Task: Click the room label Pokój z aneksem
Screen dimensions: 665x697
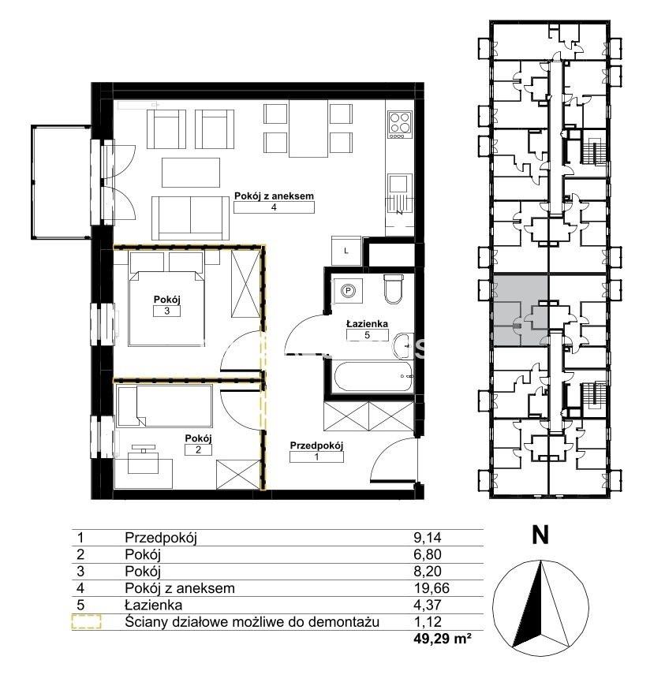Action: point(274,196)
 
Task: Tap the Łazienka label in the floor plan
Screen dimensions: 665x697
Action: point(367,324)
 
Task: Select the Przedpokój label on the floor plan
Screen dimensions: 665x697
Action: point(316,445)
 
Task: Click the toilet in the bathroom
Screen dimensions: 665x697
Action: point(393,289)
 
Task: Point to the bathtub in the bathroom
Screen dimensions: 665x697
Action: point(372,377)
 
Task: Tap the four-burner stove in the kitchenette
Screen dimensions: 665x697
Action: point(399,124)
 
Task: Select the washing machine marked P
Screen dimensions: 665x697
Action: point(349,291)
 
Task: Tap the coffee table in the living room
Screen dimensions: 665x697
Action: point(191,173)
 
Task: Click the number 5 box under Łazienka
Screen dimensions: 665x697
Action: point(367,335)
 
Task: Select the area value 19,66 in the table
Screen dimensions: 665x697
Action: point(431,588)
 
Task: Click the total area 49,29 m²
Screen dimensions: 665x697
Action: point(442,639)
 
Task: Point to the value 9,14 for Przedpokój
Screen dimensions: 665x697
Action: point(427,538)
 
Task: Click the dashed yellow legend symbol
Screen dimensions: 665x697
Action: point(86,621)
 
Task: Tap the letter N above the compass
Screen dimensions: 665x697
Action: point(540,535)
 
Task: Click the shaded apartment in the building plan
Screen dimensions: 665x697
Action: point(521,311)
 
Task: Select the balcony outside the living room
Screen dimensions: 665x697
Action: point(62,182)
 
